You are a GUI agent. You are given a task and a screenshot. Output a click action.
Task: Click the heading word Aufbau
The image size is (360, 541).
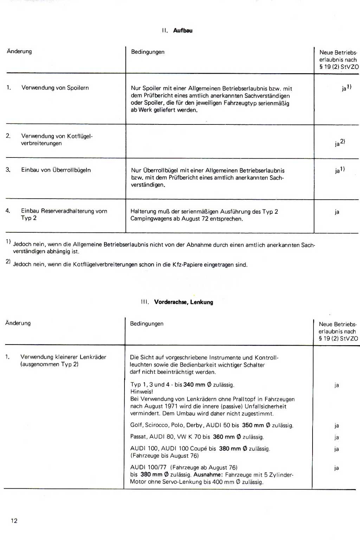[x=183, y=31]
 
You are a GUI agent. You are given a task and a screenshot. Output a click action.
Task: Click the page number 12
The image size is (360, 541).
[x=14, y=521]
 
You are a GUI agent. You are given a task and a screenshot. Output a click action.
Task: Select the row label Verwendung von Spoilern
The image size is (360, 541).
[x=55, y=88]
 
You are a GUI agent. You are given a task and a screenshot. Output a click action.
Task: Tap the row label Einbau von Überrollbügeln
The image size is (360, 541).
[x=56, y=170]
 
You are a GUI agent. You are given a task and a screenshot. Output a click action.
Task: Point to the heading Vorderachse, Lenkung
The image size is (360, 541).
[x=184, y=302]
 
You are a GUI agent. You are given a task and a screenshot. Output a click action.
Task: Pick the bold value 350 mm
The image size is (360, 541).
[x=253, y=425]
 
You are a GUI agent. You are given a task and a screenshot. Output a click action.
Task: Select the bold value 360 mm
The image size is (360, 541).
[x=224, y=437]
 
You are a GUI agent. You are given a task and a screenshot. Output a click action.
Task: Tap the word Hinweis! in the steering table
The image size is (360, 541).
[x=142, y=392]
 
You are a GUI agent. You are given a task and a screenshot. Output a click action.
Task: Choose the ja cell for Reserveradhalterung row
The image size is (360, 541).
[x=337, y=212]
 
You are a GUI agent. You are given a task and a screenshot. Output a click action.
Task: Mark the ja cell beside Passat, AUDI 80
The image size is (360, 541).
[x=336, y=437]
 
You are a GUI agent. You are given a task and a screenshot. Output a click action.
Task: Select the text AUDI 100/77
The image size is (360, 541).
[x=148, y=467]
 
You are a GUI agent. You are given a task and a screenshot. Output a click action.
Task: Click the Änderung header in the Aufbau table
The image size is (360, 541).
[x=19, y=51]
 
